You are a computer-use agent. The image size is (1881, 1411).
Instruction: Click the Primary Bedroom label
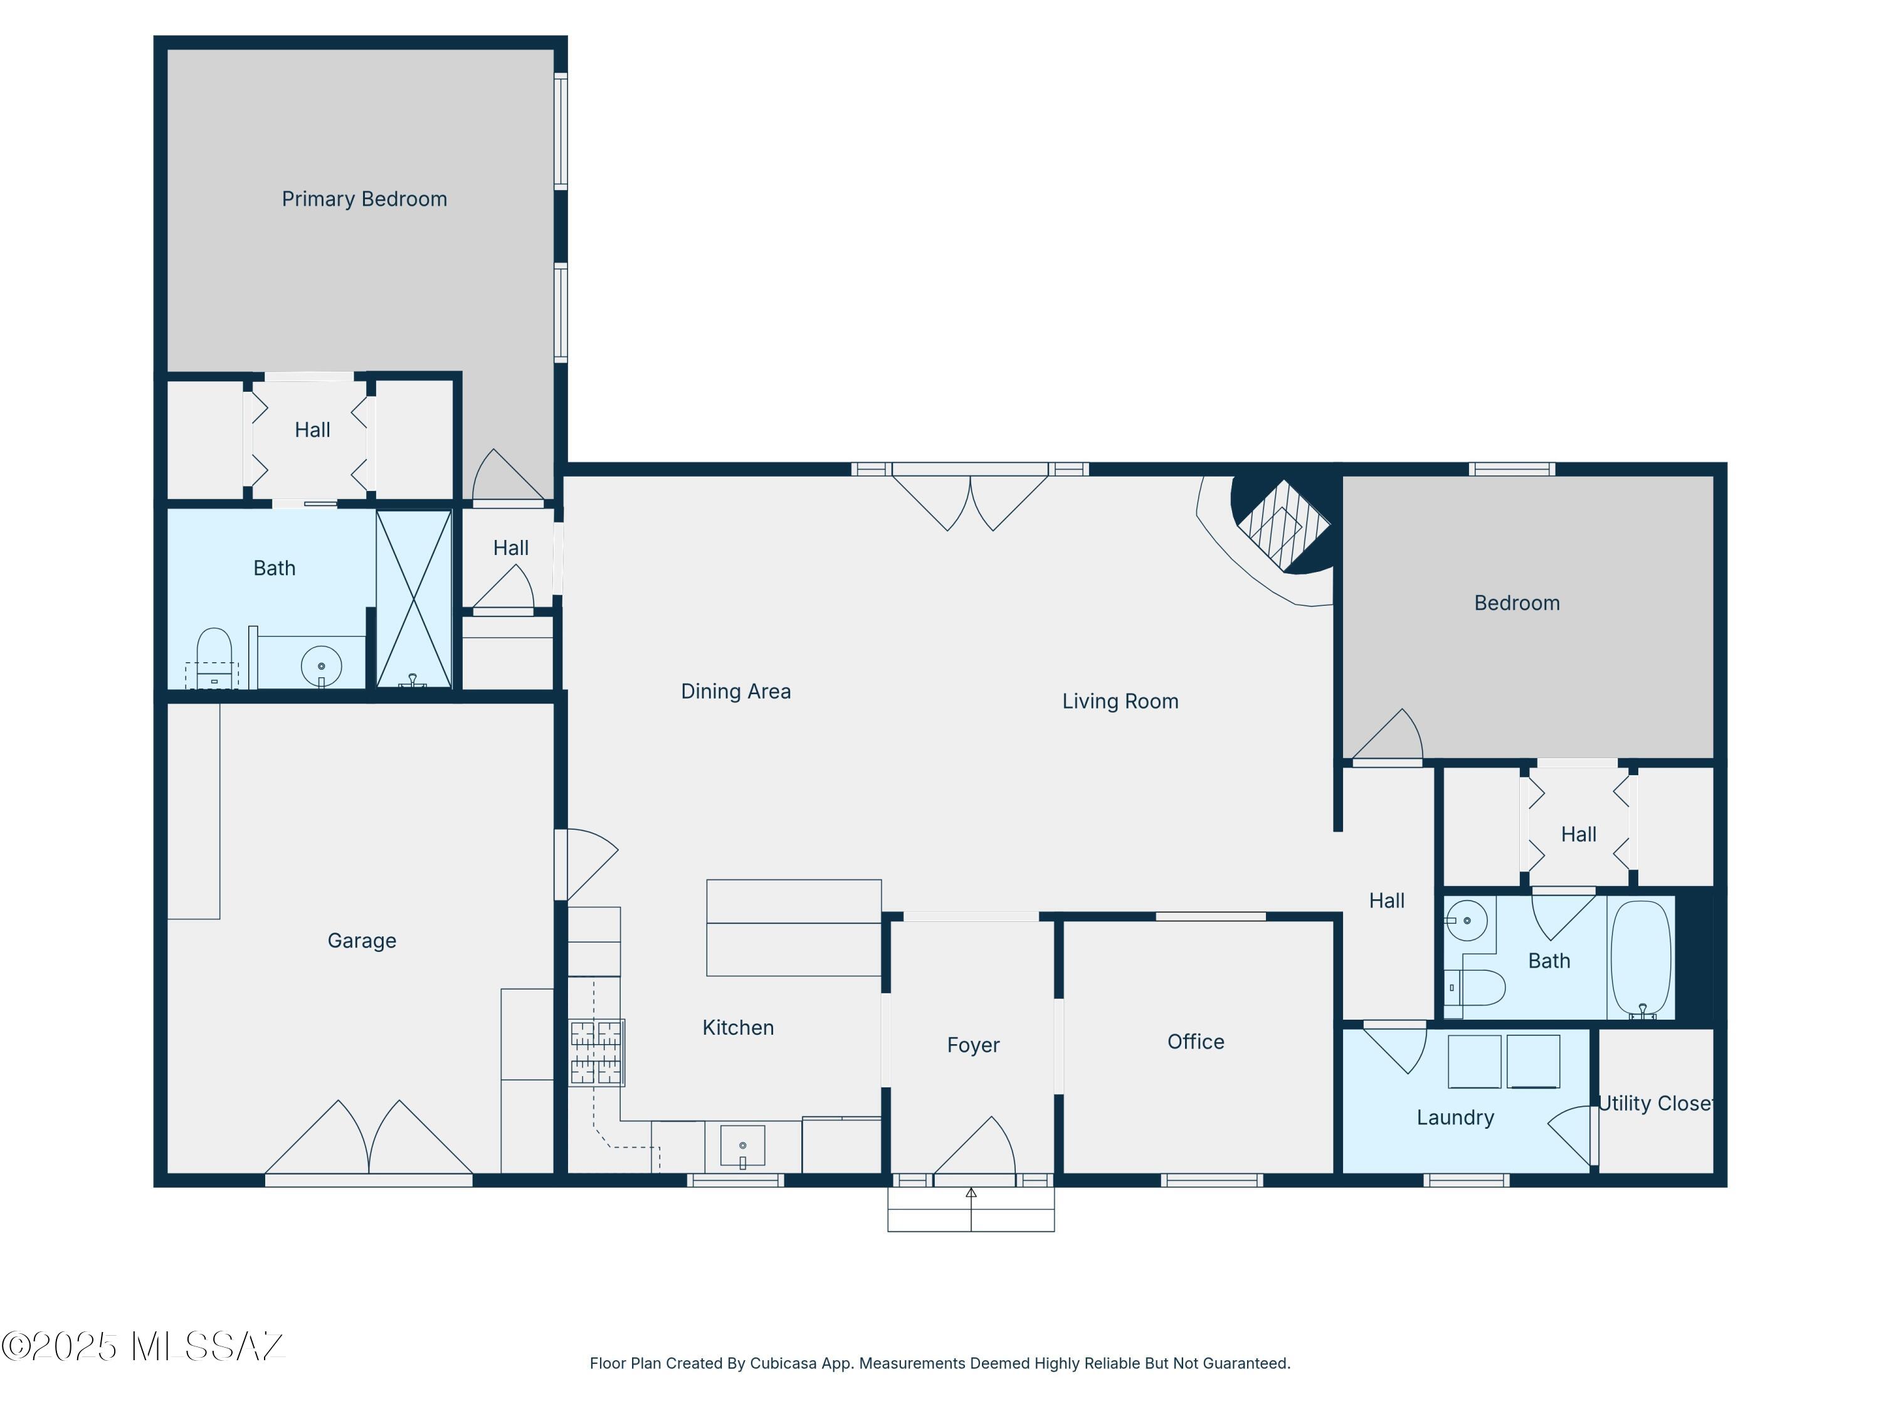tap(364, 199)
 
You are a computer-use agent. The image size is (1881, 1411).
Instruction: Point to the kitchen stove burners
tap(596, 1053)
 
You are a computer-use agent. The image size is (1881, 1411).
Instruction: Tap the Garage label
tap(361, 941)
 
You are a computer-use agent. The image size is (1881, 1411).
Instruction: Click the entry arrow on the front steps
tap(971, 1194)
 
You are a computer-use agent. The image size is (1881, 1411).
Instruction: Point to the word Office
tap(1196, 1042)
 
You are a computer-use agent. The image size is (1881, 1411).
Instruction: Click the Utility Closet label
tap(1655, 1103)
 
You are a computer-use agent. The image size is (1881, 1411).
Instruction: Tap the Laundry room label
tap(1455, 1118)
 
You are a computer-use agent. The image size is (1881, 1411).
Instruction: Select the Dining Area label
tap(735, 692)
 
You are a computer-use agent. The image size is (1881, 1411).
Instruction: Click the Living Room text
tap(1120, 702)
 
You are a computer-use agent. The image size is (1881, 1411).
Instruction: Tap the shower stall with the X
tap(414, 599)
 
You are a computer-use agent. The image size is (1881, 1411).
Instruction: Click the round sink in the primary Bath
tap(322, 666)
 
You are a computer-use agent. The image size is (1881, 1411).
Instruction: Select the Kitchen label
tap(738, 1027)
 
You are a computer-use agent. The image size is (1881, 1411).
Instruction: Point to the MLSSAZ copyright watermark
tap(143, 1346)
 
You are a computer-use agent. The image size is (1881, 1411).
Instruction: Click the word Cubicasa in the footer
tap(782, 1363)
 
